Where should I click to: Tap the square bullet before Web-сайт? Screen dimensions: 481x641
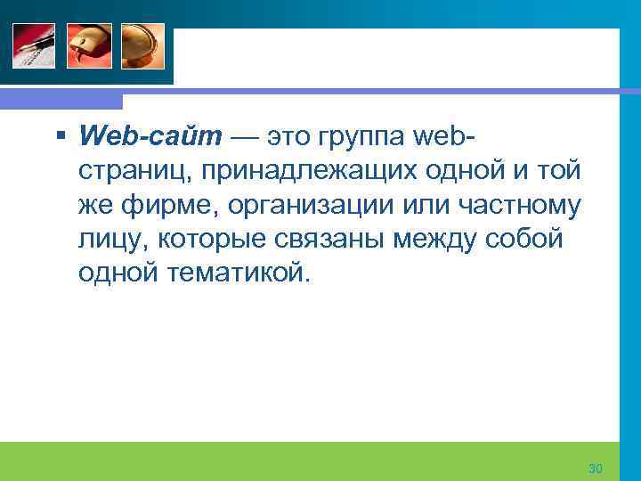[x=60, y=136]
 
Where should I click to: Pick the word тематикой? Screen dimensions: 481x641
[x=237, y=272]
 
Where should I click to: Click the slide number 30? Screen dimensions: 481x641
[x=596, y=469]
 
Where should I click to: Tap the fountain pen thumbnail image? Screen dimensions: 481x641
[x=33, y=45]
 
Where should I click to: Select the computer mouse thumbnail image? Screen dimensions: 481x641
[x=88, y=45]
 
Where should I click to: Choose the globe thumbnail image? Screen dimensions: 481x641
[x=143, y=45]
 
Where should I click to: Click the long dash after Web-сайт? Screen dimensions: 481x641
[x=246, y=136]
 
